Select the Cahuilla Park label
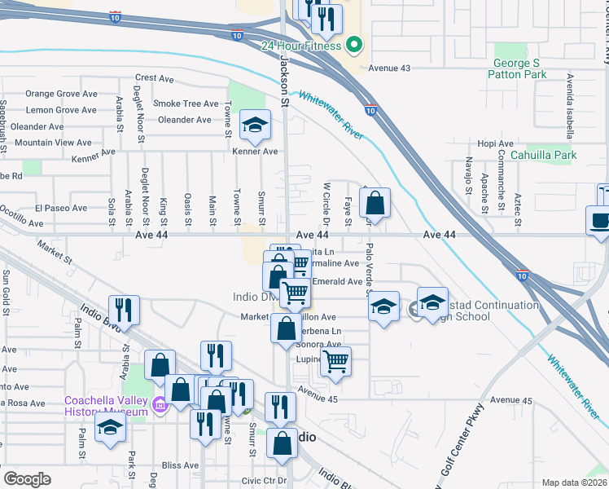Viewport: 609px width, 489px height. coord(543,155)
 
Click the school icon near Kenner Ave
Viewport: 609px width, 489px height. coord(255,126)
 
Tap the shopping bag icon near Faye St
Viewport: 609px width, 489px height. coord(375,203)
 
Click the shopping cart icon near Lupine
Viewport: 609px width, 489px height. coord(335,361)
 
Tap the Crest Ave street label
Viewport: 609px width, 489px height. coord(156,79)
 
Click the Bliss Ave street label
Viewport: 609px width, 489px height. coord(179,465)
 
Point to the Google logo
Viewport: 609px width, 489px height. coord(27,479)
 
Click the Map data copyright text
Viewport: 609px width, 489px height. coord(575,482)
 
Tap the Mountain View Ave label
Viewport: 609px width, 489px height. coord(53,142)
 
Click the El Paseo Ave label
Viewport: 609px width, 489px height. coord(60,208)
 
